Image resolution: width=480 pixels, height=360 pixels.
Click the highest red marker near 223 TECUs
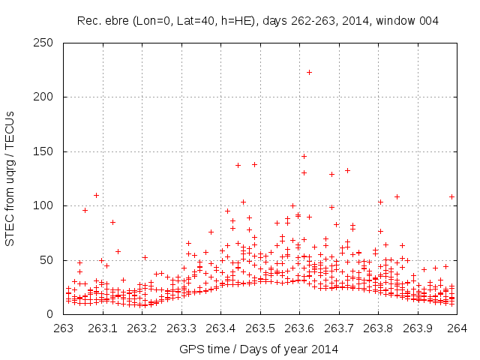click(x=309, y=72)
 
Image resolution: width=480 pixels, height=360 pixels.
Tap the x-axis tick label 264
click(x=457, y=328)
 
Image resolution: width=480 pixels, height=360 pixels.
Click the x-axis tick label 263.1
click(x=103, y=328)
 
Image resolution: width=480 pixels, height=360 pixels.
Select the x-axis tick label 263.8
click(x=378, y=328)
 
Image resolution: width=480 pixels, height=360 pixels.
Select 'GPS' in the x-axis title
click(x=191, y=349)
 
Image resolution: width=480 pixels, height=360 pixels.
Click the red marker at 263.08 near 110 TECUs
click(x=96, y=195)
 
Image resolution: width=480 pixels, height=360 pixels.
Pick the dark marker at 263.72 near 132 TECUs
click(x=347, y=170)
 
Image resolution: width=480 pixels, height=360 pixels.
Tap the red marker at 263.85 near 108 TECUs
click(x=397, y=196)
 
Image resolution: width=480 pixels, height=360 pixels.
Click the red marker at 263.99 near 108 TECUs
click(x=452, y=196)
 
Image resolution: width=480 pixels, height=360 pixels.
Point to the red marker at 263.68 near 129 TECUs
click(x=331, y=174)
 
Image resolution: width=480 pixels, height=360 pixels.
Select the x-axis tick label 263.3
click(x=181, y=328)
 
